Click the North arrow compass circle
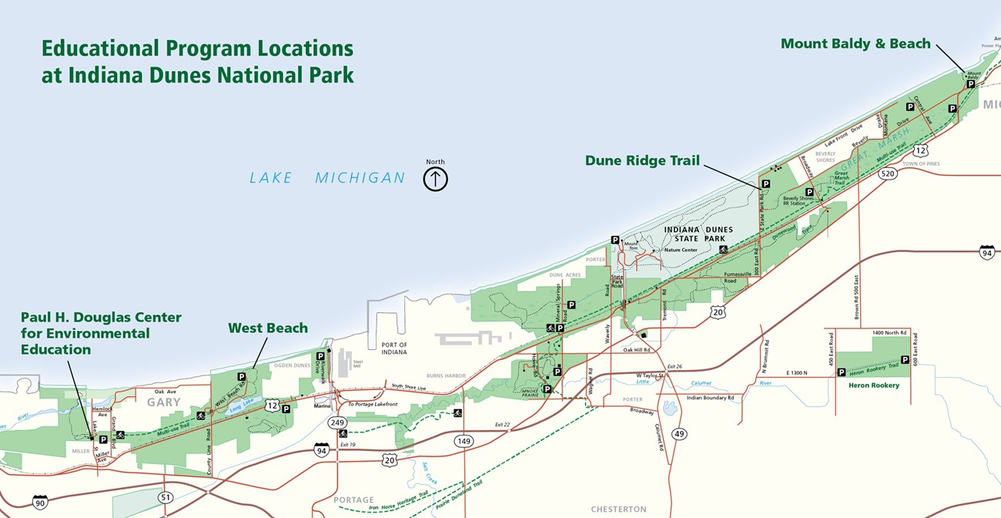[435, 179]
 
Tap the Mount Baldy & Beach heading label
[855, 44]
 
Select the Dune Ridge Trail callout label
[642, 160]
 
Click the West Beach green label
[268, 328]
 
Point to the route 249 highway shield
[337, 422]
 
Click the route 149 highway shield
[463, 441]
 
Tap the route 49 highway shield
[679, 435]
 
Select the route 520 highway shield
[888, 174]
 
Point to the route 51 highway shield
[166, 498]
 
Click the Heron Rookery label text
[873, 385]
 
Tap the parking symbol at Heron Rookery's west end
[842, 372]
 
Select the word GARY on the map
[164, 402]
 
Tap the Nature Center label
[680, 250]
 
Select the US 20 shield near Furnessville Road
[718, 311]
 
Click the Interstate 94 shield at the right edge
[986, 252]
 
